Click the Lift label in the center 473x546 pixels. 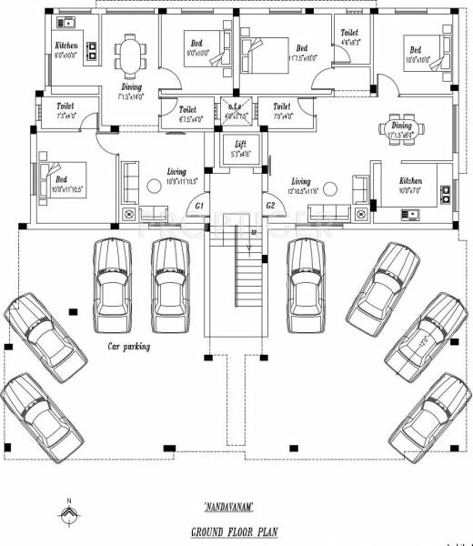(239, 144)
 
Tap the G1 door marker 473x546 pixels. (198, 207)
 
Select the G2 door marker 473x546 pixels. (270, 207)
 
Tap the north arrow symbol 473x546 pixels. (68, 516)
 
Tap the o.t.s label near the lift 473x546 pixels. (235, 106)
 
